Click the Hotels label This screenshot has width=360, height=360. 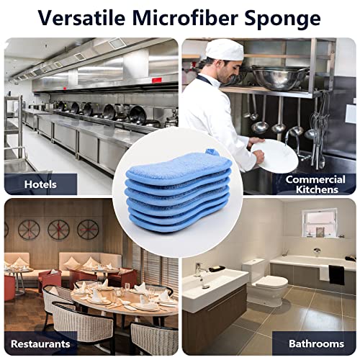40,184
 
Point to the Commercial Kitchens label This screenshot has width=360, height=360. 311,184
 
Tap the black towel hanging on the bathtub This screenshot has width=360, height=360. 336,274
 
